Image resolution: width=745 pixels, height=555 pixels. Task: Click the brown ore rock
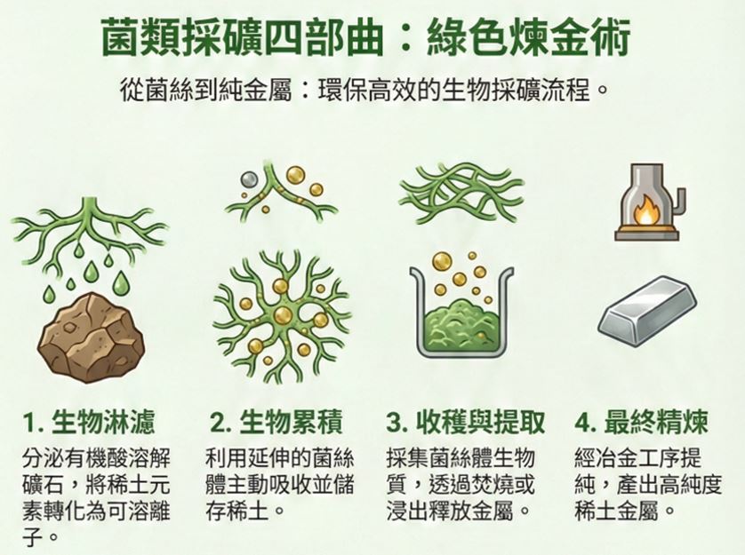click(x=91, y=337)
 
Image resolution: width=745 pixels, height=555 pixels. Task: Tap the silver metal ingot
click(x=647, y=312)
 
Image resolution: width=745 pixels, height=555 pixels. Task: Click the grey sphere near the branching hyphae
click(x=249, y=180)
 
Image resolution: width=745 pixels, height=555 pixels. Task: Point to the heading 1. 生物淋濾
click(x=89, y=422)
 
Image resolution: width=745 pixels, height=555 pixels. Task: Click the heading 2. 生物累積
click(x=276, y=422)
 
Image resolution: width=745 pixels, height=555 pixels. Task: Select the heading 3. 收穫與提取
click(x=465, y=422)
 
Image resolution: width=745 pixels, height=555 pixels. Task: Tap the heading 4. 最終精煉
click(x=641, y=422)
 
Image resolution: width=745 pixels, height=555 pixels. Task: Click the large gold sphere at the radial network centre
click(x=284, y=316)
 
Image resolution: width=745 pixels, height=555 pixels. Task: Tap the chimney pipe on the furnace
click(x=680, y=200)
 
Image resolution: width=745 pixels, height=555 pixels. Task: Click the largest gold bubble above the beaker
click(x=443, y=262)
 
